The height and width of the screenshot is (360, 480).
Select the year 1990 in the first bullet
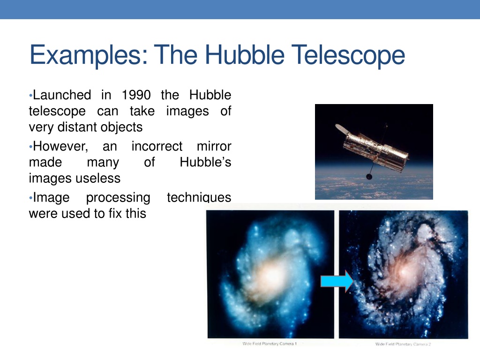136,95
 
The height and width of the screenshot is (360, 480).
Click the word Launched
62,95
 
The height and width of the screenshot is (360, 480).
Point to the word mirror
214,146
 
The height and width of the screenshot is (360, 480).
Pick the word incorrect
157,146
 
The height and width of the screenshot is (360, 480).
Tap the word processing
118,198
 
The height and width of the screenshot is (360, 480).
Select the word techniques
199,198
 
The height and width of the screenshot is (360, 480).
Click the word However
60,147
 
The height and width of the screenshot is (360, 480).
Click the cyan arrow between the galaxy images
337,281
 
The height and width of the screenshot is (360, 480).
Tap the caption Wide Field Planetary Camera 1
270,344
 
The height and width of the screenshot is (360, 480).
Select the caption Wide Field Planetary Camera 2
403,344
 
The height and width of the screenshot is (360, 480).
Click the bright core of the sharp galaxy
404,271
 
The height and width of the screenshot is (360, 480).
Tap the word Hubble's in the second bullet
205,162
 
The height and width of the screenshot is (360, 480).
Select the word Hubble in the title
245,55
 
